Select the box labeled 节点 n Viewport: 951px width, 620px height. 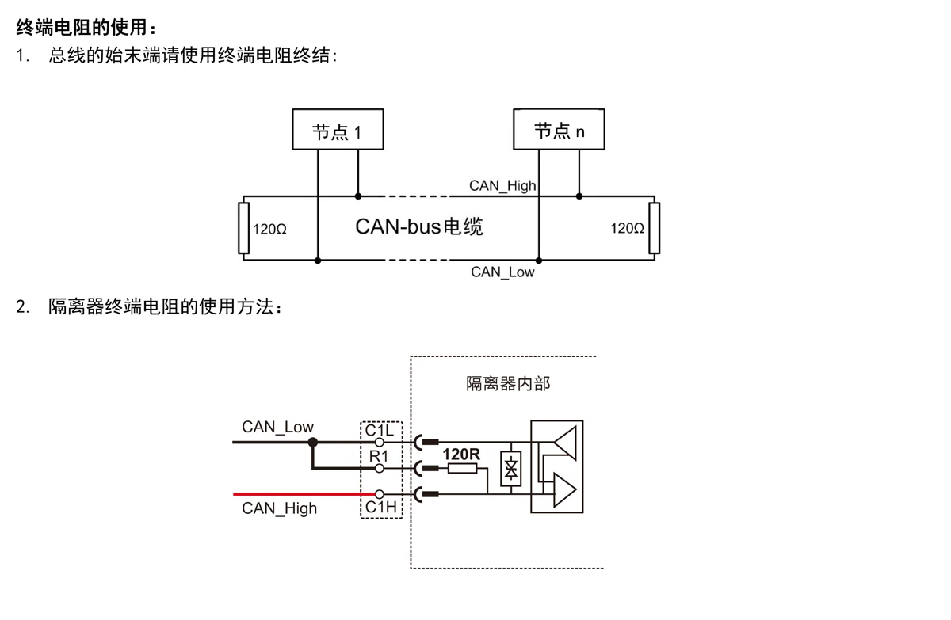[x=559, y=131]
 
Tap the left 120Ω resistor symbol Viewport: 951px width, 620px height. [x=243, y=228]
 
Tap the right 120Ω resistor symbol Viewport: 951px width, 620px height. [x=654, y=228]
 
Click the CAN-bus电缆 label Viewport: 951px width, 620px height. [x=418, y=226]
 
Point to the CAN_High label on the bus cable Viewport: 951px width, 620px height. [x=502, y=186]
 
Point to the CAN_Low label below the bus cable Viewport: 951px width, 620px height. [x=502, y=272]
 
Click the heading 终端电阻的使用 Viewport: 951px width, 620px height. [x=82, y=28]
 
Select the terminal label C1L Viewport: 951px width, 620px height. [x=380, y=430]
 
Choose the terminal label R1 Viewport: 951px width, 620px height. [x=379, y=457]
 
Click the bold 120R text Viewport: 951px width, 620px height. [x=461, y=455]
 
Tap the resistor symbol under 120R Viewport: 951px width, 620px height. [x=462, y=469]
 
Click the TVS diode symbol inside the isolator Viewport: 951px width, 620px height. [x=511, y=469]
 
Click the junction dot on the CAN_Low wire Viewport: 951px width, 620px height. [x=312, y=442]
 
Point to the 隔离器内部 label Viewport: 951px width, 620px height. [x=507, y=385]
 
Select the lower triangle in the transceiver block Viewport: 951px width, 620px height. [x=563, y=489]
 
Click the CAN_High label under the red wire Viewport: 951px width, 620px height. [x=279, y=508]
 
